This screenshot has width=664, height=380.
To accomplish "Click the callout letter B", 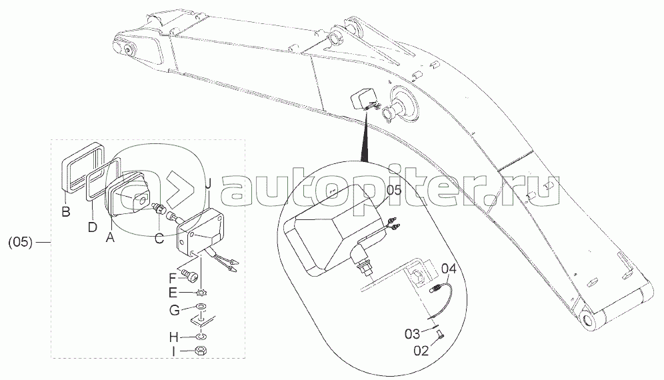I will coord(65,213).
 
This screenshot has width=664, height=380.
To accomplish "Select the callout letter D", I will coord(93,227).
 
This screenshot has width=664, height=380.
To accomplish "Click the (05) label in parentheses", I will coord(21,242).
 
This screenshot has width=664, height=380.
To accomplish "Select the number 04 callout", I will coord(449,269).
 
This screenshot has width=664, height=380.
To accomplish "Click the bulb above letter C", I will coord(159,208).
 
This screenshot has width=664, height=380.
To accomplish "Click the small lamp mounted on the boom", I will coord(362,100).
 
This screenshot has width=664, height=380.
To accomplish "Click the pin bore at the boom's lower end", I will coord(590,321).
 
